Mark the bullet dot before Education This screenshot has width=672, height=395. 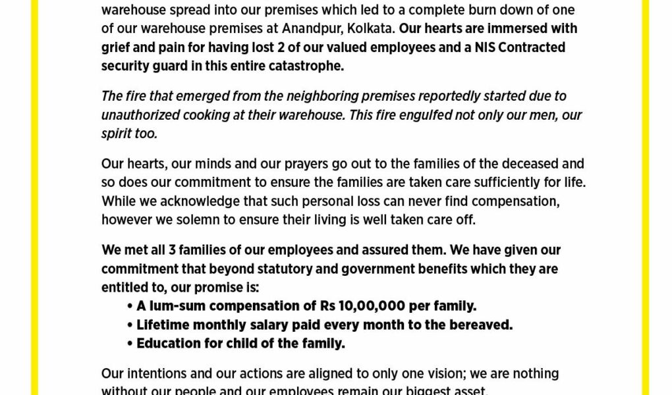pos(130,344)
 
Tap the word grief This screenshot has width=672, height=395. pos(116,47)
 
